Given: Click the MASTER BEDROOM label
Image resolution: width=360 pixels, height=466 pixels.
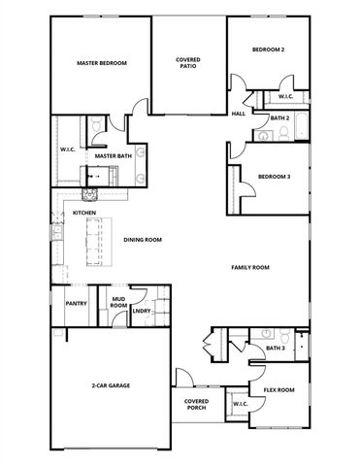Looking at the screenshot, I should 102,63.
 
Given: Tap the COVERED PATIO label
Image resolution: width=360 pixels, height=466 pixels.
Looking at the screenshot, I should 188,63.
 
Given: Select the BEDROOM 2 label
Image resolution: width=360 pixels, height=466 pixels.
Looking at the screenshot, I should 268,50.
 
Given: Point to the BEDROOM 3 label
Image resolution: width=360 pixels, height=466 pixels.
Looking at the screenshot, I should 273,177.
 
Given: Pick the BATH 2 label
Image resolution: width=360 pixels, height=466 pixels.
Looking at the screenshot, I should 280,118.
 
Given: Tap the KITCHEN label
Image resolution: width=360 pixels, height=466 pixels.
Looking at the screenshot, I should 83,213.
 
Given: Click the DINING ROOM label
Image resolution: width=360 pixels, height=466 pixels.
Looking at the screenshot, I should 143,240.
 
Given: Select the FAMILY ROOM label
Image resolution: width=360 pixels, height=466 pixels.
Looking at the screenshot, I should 249,267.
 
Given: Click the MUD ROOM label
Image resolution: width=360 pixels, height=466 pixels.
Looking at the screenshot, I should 118,303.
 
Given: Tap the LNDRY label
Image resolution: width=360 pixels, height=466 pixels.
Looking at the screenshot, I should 142,312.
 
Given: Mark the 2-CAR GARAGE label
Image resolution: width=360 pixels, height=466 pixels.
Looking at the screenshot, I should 111,386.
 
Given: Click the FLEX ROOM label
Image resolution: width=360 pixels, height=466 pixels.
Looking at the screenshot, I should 278,389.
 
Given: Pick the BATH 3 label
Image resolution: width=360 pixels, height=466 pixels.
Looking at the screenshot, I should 276,348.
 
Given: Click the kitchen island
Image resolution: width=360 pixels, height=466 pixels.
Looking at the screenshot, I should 94,242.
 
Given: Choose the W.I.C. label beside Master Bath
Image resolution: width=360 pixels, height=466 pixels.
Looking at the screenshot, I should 68,150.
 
